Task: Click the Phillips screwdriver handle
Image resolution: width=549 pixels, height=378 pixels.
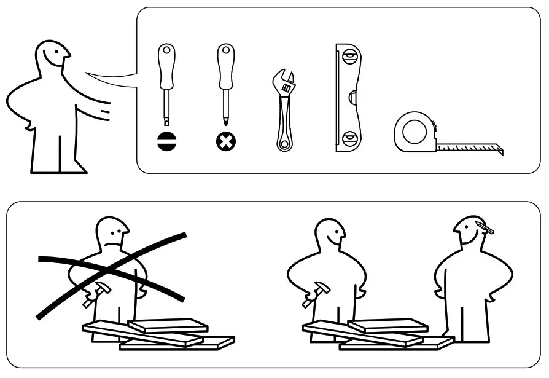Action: (x=226, y=66)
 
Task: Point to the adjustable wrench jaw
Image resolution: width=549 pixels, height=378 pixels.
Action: (x=284, y=82)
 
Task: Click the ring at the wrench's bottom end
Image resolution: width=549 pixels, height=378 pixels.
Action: (x=283, y=145)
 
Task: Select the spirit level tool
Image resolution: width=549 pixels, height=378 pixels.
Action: (x=348, y=98)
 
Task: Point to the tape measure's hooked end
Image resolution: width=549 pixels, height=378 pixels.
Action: (x=500, y=149)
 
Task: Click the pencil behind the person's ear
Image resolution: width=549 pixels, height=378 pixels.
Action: (x=485, y=227)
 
